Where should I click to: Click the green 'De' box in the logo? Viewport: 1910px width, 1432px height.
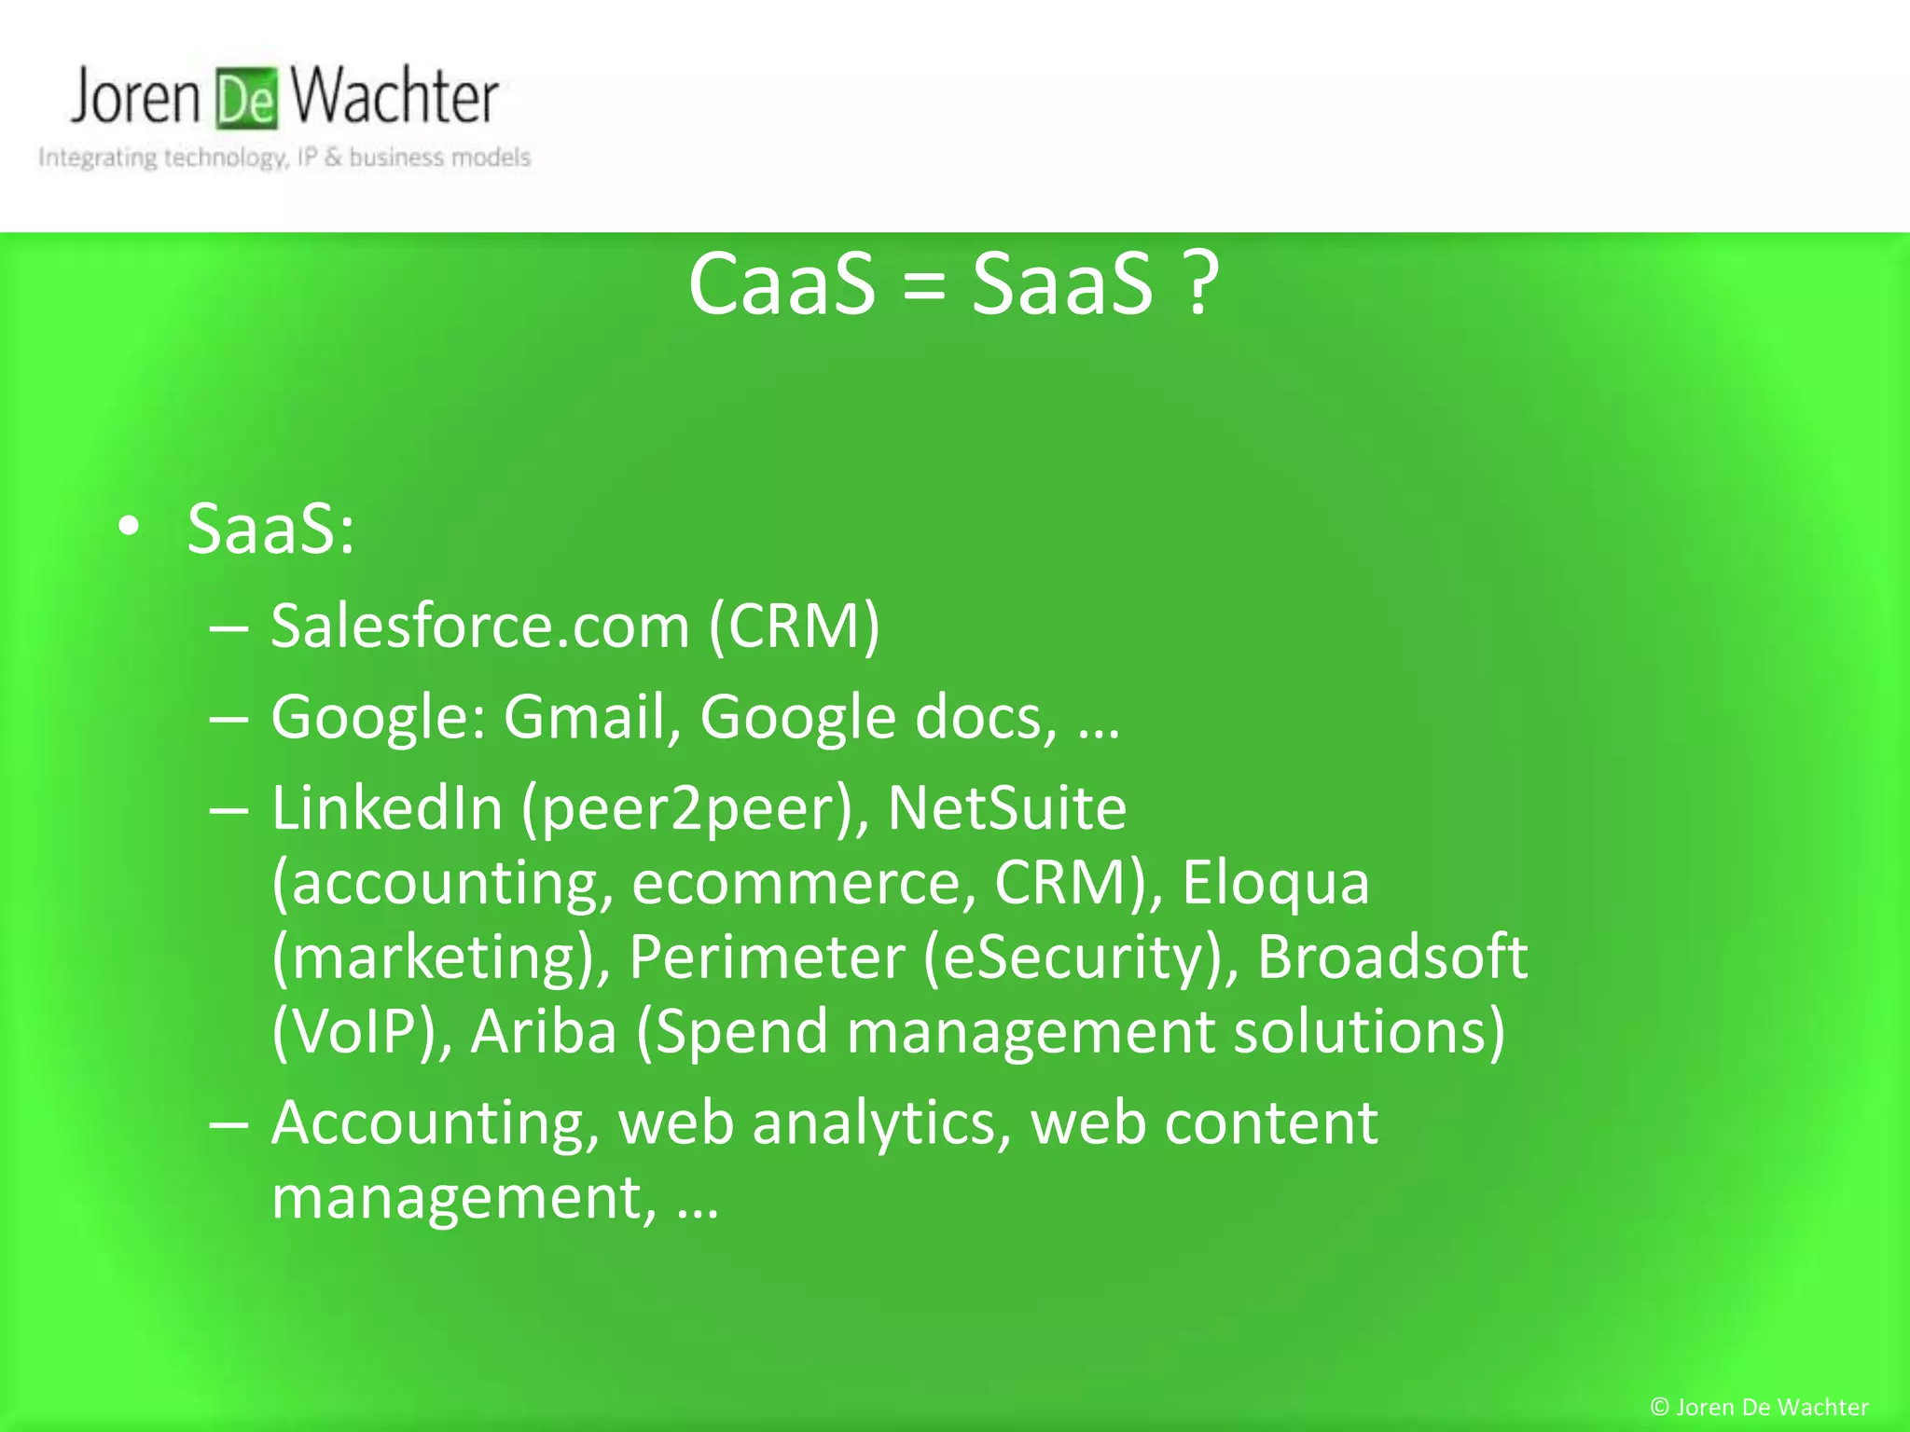(x=247, y=99)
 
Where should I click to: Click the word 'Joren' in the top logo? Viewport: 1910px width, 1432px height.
(x=135, y=97)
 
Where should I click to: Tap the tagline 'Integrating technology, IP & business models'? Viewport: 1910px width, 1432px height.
(x=284, y=158)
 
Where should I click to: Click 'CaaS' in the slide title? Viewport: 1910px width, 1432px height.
(x=782, y=283)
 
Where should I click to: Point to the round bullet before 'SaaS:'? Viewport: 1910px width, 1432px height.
(x=129, y=528)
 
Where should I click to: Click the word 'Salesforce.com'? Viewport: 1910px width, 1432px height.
(x=480, y=626)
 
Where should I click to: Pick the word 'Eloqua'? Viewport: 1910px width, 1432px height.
(x=1276, y=882)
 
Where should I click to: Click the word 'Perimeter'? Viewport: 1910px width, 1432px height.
(x=767, y=957)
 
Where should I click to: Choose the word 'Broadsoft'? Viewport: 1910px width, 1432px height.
(x=1392, y=957)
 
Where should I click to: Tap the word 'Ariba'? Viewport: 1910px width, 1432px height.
(x=544, y=1031)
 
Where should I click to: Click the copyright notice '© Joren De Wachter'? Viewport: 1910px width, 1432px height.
(x=1759, y=1407)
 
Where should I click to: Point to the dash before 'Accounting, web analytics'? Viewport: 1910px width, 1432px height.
(x=228, y=1124)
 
